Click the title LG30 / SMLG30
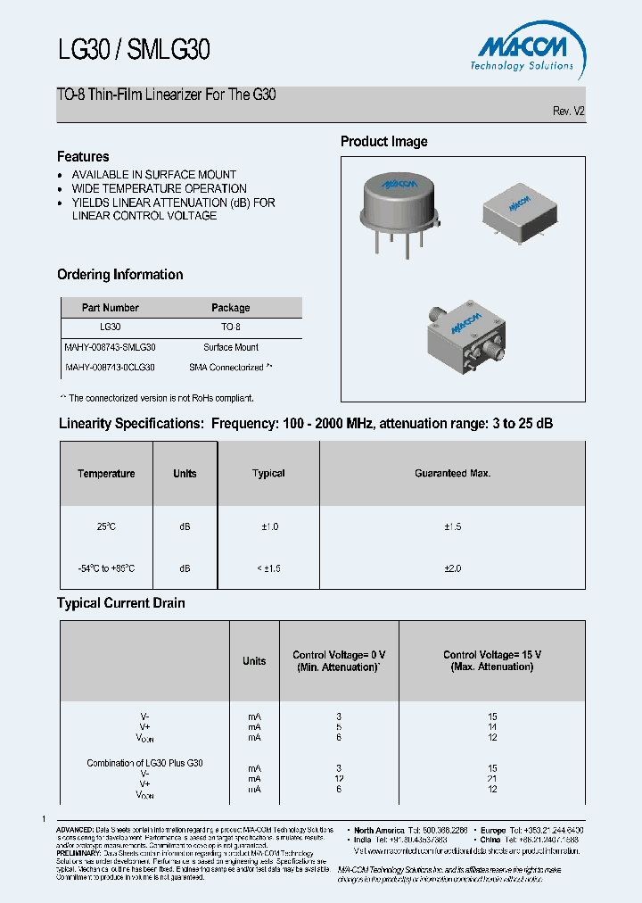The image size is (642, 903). (134, 49)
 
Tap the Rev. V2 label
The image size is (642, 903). (569, 112)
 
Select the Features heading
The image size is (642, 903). (83, 156)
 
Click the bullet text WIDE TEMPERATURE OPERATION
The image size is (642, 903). (159, 188)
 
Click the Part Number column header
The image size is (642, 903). (111, 308)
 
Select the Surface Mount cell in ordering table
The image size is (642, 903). (231, 347)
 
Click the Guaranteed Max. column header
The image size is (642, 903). (452, 474)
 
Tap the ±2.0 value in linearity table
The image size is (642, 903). (452, 568)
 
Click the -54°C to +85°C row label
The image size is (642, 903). (106, 568)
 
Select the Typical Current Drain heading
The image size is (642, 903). (121, 603)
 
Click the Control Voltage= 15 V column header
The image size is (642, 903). (492, 660)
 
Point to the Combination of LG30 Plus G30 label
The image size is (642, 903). (144, 763)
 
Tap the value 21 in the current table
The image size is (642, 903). (492, 779)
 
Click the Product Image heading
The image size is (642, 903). (384, 141)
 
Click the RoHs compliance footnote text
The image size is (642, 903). (157, 398)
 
